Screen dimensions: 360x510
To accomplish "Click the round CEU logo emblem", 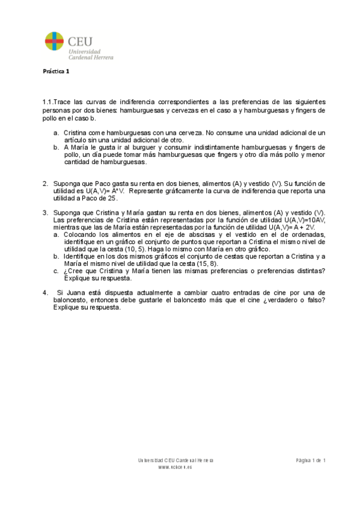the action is click(54, 43).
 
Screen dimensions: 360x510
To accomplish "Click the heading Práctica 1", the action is click(56, 72).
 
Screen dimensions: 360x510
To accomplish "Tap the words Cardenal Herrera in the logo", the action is click(91, 58).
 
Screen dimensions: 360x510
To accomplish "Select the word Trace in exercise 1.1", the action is click(64, 102).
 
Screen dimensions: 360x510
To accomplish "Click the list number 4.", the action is click(44, 293).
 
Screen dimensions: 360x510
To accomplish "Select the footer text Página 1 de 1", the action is click(310, 460).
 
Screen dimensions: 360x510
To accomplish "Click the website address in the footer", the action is click(175, 467).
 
